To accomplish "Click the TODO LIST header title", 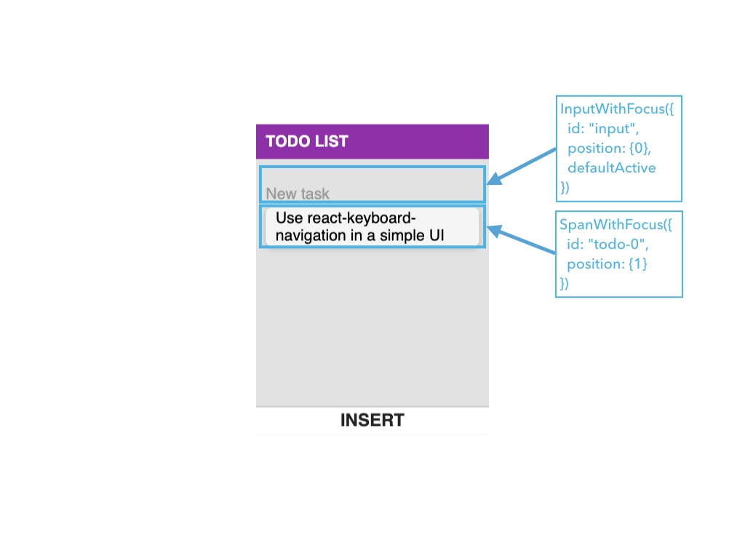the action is (x=307, y=141).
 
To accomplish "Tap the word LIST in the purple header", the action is (x=332, y=141).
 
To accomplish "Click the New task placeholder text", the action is (x=298, y=194).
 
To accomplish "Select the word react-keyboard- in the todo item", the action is (x=362, y=218).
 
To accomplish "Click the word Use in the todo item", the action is (x=290, y=218).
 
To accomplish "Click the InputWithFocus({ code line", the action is (x=617, y=109).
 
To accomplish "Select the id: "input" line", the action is (x=603, y=129).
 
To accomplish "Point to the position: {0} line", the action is (x=609, y=148).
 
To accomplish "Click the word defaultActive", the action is (x=611, y=168).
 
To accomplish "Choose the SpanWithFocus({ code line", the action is (x=615, y=225).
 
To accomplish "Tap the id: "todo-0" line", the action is (x=607, y=245).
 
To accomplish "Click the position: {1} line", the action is (x=607, y=263).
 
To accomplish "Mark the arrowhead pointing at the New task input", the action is (x=494, y=179).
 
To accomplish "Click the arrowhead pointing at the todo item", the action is (x=494, y=231).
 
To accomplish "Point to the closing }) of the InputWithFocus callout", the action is (x=565, y=187).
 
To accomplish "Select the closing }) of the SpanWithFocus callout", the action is (x=564, y=284).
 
